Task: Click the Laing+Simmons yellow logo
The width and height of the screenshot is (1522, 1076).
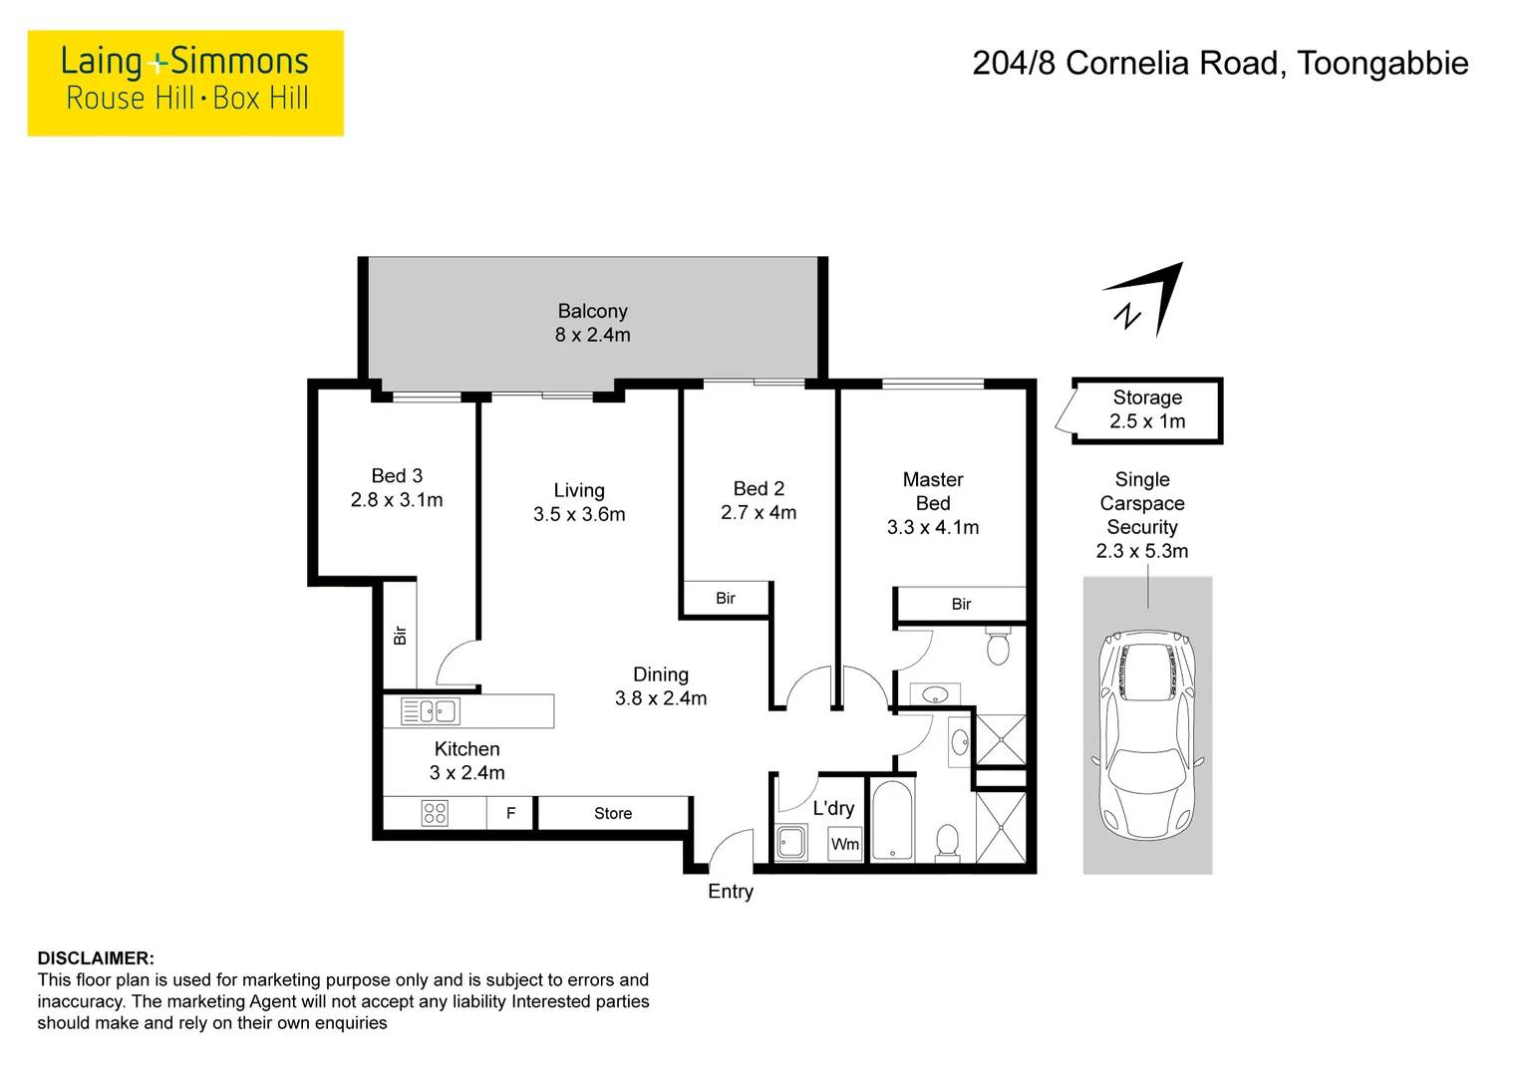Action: click(x=185, y=83)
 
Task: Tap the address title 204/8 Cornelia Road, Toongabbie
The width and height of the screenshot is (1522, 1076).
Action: click(x=1219, y=64)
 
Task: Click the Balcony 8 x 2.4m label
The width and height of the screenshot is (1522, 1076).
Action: click(x=592, y=324)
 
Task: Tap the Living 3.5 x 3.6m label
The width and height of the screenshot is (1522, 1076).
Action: click(x=579, y=502)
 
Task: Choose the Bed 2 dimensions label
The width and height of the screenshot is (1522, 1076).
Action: click(x=759, y=513)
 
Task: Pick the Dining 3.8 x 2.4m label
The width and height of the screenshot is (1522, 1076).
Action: click(x=661, y=686)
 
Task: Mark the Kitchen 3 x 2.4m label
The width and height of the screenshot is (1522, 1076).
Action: click(x=467, y=760)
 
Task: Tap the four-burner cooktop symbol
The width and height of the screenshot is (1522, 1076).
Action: click(x=436, y=813)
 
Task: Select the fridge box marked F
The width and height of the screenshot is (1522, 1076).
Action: click(x=510, y=813)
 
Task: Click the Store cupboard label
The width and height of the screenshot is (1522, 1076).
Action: click(x=613, y=813)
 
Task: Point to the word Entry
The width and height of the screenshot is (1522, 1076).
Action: click(x=731, y=892)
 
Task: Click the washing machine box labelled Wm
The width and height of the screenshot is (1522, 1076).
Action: click(x=845, y=844)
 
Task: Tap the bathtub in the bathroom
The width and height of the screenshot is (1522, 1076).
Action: click(x=892, y=819)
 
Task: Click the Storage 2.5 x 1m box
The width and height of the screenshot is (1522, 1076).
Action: click(x=1147, y=409)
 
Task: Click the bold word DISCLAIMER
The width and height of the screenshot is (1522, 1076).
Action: click(x=96, y=958)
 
